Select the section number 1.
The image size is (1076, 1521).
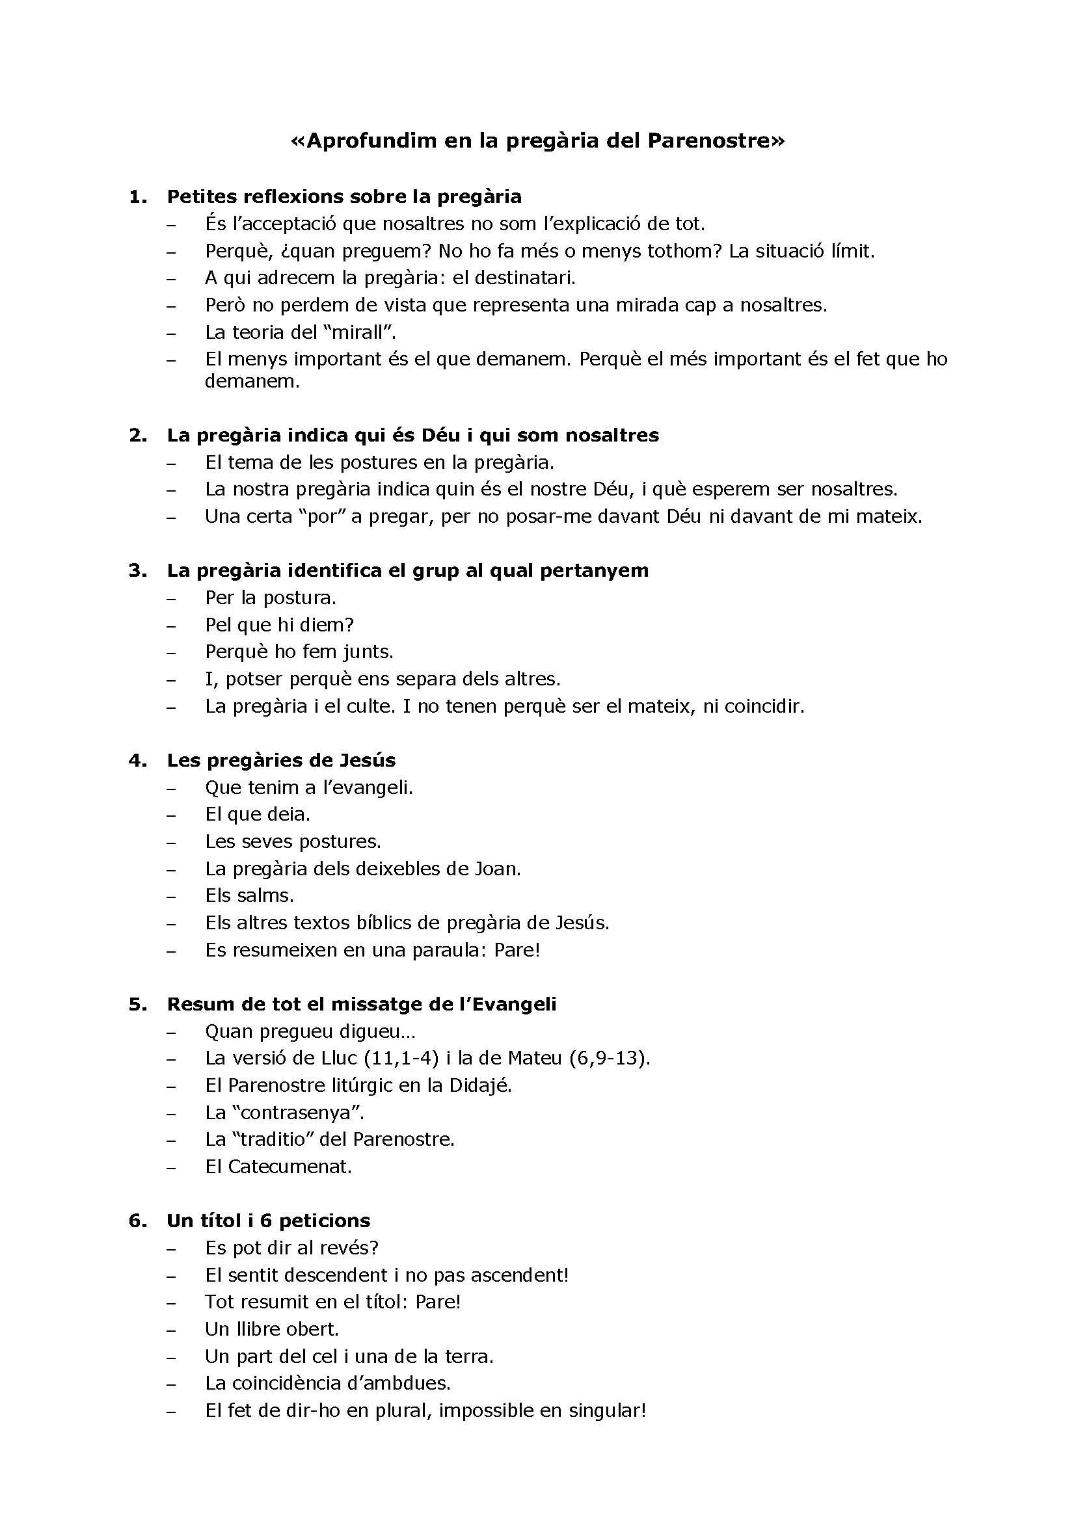[x=137, y=197]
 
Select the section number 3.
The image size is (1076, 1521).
[x=137, y=570]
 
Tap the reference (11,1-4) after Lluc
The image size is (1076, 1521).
[x=401, y=1058]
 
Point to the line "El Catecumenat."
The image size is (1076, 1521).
[x=278, y=1167]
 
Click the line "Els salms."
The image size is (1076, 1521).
[x=249, y=895]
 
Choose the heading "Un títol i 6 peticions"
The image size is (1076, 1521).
[x=268, y=1220]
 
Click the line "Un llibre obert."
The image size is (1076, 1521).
[x=272, y=1329]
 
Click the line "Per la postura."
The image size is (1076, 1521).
[x=271, y=598]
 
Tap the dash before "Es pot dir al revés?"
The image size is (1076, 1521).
[x=172, y=1249]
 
